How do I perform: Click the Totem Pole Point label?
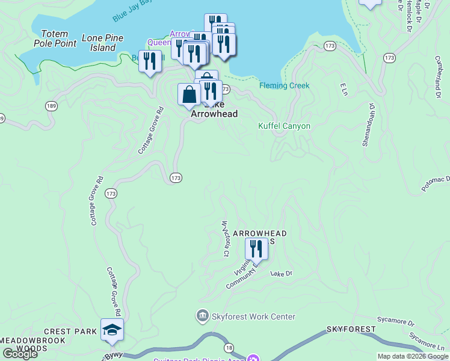(58, 39)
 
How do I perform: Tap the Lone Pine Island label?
(102, 42)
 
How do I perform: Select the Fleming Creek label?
(284, 85)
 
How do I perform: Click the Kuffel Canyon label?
(284, 126)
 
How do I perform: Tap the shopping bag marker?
(189, 94)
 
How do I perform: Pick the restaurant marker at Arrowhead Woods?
(256, 248)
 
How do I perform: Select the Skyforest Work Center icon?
(202, 316)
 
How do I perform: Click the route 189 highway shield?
(51, 106)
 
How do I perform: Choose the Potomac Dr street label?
(436, 183)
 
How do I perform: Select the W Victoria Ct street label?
(226, 239)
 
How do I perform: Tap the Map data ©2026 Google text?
(412, 356)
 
